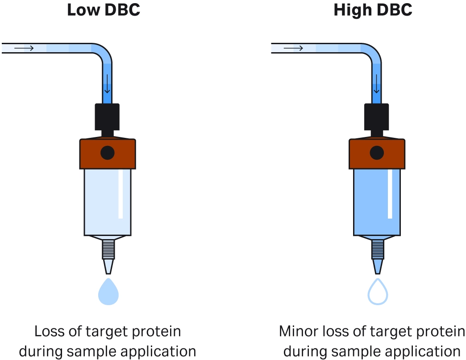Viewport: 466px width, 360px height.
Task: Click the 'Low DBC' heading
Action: click(x=104, y=10)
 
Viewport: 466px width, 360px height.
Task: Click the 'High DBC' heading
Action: click(x=373, y=10)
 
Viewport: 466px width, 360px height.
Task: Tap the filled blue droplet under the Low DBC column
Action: click(x=108, y=292)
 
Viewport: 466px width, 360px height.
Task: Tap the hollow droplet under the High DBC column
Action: click(x=378, y=292)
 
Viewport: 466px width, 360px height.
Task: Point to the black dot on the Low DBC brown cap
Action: click(x=108, y=153)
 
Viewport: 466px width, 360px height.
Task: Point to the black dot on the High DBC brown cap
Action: click(x=377, y=153)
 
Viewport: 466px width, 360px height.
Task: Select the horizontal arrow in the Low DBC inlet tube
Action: click(x=24, y=48)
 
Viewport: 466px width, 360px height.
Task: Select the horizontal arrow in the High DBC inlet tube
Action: click(x=293, y=48)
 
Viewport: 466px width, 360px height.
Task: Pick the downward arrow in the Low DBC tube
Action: click(x=107, y=84)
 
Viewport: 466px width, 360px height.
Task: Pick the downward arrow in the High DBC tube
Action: click(x=377, y=84)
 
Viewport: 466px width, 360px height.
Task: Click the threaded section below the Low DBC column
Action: click(x=108, y=249)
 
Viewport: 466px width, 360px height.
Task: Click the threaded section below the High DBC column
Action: click(x=378, y=249)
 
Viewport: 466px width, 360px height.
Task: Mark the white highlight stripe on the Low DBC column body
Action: click(x=121, y=194)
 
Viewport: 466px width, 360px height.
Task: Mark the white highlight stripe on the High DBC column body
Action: click(x=390, y=194)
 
